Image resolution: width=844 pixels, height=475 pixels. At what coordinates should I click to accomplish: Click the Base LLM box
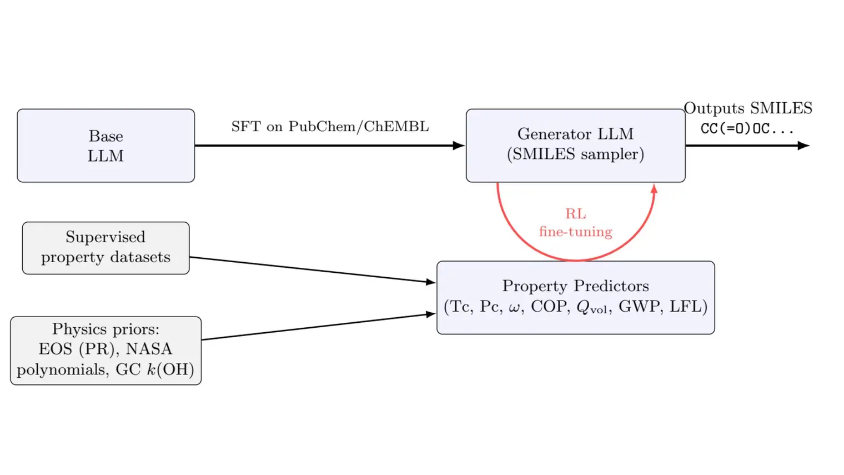tap(105, 146)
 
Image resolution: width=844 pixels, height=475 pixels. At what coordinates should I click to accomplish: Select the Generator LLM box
tap(575, 145)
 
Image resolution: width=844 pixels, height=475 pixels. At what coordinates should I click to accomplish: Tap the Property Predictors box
tap(575, 297)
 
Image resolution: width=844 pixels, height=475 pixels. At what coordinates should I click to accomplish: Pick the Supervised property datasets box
tap(105, 248)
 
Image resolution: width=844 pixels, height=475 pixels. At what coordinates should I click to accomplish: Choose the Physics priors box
tap(105, 350)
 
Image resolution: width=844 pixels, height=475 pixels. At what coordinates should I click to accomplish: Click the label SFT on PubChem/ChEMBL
tap(330, 127)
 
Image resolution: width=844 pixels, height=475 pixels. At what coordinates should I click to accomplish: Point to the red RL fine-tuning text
tap(575, 223)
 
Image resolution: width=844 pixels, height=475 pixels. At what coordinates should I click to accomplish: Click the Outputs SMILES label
tap(747, 108)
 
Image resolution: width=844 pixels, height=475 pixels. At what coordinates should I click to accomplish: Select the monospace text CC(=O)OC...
tap(746, 129)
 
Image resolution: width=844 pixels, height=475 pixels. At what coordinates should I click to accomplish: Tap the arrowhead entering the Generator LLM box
tap(459, 146)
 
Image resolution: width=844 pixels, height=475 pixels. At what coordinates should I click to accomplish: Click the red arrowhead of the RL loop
tap(654, 189)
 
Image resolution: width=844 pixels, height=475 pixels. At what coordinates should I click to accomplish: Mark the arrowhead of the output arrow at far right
tap(803, 146)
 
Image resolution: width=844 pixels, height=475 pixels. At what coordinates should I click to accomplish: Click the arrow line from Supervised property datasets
tap(311, 269)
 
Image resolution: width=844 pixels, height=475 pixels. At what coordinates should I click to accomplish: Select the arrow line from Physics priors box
tap(316, 327)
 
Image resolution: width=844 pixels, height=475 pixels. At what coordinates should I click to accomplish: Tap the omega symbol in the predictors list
tap(514, 308)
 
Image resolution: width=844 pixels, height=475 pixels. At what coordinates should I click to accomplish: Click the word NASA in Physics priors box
tap(149, 349)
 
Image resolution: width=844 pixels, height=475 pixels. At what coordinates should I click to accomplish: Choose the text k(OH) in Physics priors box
tap(170, 370)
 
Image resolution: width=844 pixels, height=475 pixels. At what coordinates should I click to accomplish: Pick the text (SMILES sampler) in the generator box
tap(575, 154)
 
